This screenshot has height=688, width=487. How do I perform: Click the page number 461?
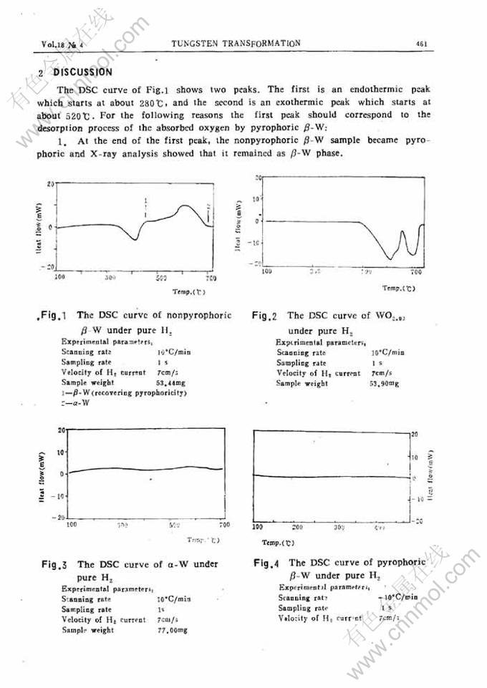[x=421, y=44]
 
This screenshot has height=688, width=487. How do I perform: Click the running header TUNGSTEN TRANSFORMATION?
[x=236, y=43]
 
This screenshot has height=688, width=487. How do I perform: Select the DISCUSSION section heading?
[x=83, y=72]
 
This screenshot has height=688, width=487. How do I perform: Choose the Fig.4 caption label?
[x=268, y=563]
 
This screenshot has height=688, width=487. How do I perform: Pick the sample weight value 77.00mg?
[x=173, y=630]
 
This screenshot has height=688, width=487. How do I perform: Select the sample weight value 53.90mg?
[x=384, y=384]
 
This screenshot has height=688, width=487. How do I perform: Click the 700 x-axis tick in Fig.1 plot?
[x=211, y=276]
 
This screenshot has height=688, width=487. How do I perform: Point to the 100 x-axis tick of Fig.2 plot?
[x=266, y=271]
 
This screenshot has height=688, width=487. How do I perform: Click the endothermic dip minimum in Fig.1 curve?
[x=135, y=240]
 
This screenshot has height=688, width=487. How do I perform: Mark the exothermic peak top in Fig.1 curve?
[x=185, y=206]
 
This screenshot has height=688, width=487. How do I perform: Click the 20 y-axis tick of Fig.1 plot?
[x=51, y=184]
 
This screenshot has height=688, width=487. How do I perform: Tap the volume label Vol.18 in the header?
[x=54, y=44]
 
